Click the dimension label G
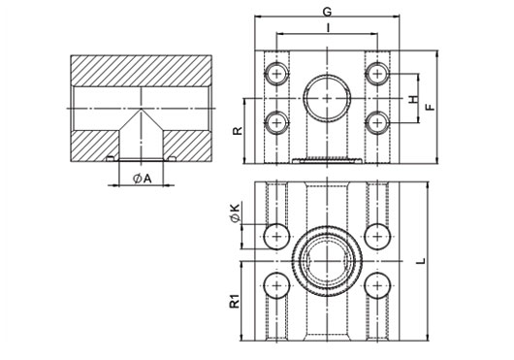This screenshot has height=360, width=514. coord(327,12)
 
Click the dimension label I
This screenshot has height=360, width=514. coord(328,28)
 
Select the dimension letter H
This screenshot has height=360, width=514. coord(414,99)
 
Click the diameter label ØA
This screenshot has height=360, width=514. coord(142,179)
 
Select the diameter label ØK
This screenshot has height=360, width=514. coord(236,213)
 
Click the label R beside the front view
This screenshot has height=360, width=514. coord(238,130)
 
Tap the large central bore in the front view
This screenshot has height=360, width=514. coord(328,98)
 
